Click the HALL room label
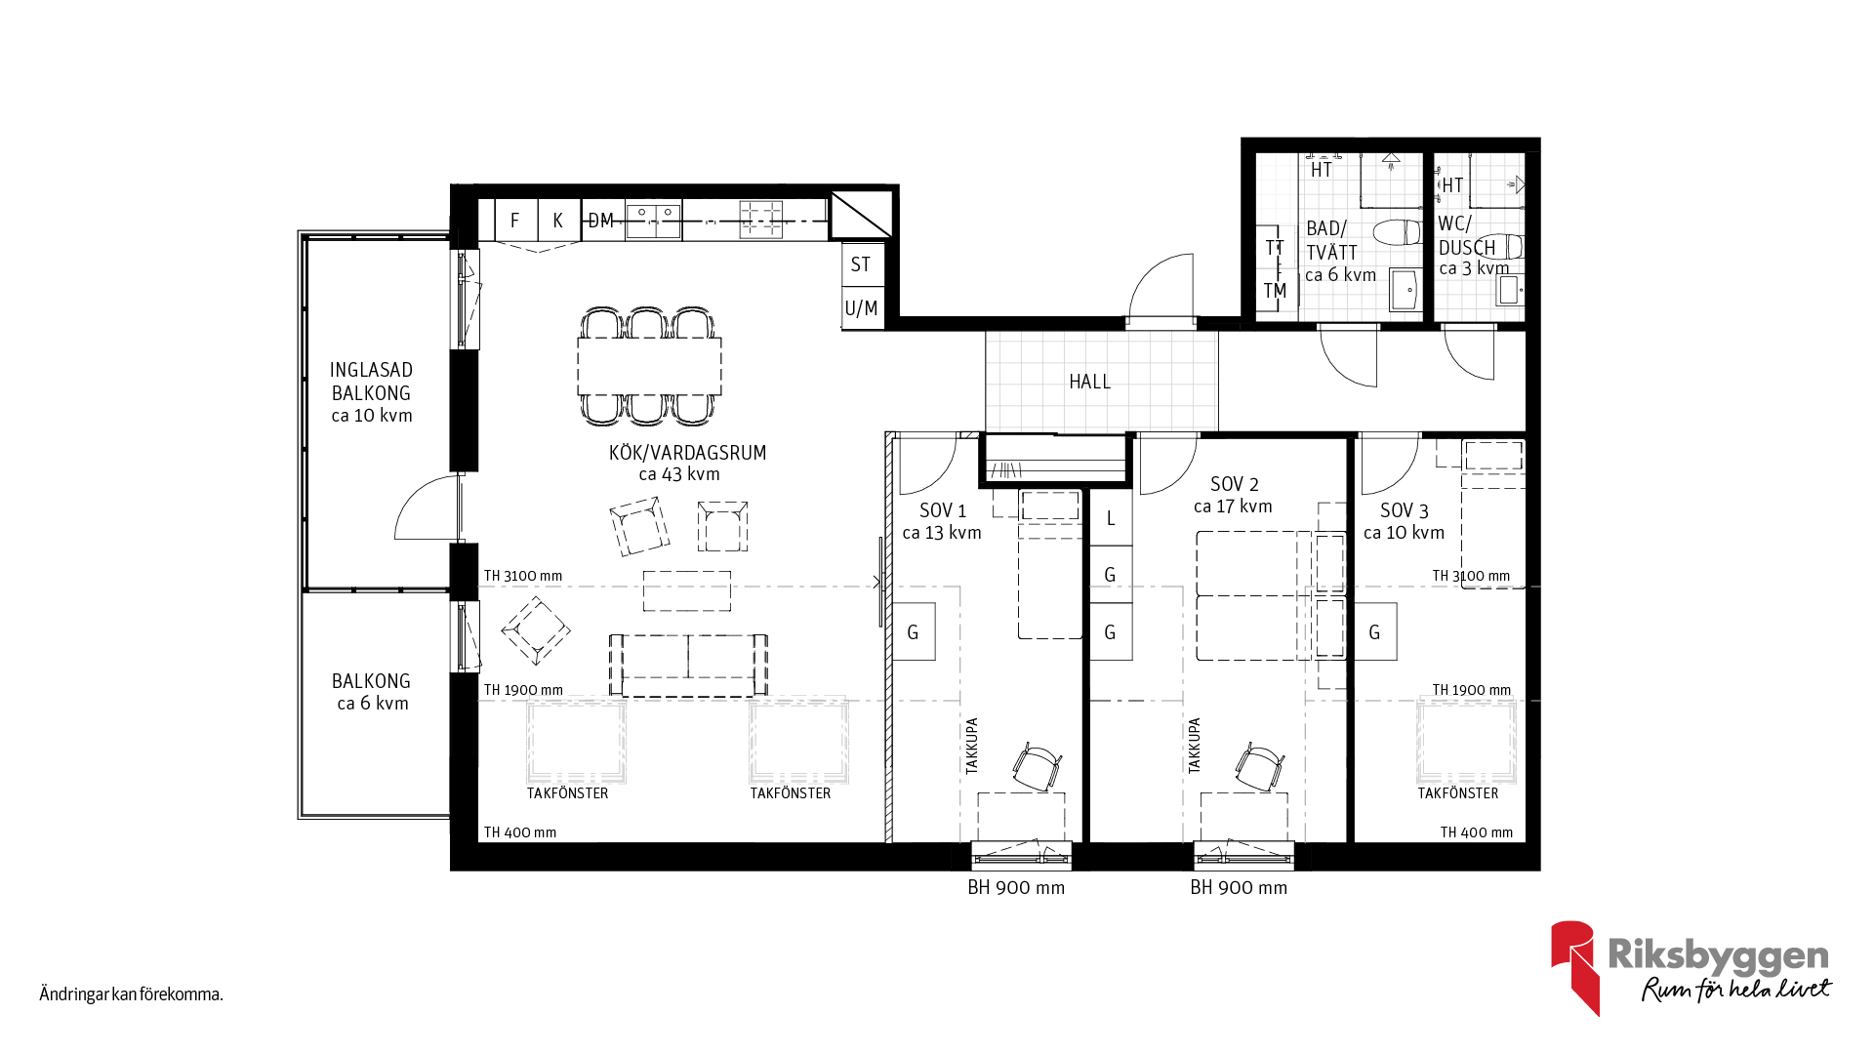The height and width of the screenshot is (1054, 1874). [1089, 382]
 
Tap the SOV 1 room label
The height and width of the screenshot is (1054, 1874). [943, 510]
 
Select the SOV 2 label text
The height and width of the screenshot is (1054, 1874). [1235, 484]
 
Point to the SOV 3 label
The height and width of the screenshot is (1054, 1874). [1405, 511]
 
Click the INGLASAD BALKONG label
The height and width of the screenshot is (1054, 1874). [372, 382]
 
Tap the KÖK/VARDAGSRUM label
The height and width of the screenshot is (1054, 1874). [688, 453]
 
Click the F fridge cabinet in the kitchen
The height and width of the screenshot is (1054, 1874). [515, 221]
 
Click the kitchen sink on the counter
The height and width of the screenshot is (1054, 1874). [653, 220]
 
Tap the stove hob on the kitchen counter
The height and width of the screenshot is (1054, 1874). [761, 219]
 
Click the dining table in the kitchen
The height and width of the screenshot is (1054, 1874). [649, 366]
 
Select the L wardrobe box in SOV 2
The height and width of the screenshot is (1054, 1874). [1111, 518]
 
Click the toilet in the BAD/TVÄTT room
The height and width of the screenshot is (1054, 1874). [1398, 233]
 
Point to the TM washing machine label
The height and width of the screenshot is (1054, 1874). [1275, 291]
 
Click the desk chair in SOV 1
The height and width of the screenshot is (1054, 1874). [1037, 767]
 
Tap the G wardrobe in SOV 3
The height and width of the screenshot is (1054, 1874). [1375, 631]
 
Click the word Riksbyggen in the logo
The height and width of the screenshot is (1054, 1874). [1719, 955]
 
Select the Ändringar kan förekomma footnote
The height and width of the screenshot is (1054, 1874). [132, 994]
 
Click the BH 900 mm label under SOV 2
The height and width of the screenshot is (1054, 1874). [1239, 888]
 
